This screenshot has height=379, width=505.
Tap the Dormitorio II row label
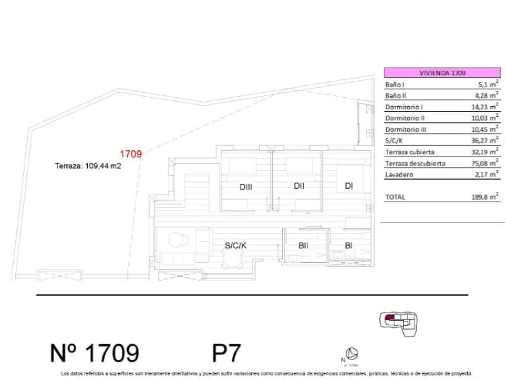(x=406, y=118)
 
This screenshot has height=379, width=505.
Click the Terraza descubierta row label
(x=415, y=164)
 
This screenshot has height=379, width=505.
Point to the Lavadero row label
(x=399, y=175)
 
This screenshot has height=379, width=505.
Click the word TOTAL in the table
(x=395, y=197)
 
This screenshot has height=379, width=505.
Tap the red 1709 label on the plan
(x=131, y=153)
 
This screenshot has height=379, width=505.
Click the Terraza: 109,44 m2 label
(x=88, y=167)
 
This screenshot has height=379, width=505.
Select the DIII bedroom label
(x=246, y=187)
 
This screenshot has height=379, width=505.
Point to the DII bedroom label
(x=299, y=186)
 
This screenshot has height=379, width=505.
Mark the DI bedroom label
(x=348, y=186)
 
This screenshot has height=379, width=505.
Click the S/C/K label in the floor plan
(x=235, y=246)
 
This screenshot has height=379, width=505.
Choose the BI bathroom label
(x=348, y=246)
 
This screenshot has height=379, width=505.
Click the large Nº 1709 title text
(x=95, y=352)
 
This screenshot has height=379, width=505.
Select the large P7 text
(x=227, y=352)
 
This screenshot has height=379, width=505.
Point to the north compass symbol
(x=353, y=354)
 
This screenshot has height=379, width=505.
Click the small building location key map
(x=396, y=321)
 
